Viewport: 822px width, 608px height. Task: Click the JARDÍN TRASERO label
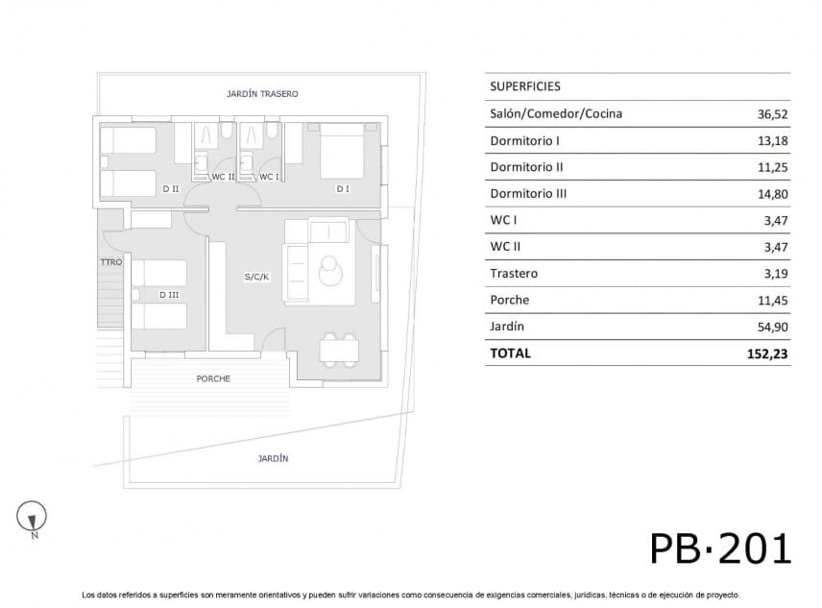(x=262, y=94)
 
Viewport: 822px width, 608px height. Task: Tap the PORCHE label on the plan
(x=213, y=378)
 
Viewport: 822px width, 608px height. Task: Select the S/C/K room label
(x=256, y=277)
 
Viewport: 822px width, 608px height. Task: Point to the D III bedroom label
(x=169, y=295)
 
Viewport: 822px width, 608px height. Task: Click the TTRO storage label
(x=111, y=262)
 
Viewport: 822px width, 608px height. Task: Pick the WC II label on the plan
(x=223, y=177)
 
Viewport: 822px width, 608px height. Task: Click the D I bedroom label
(x=343, y=188)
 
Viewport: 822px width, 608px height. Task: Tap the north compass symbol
(x=32, y=518)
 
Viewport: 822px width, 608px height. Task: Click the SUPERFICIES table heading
(x=524, y=86)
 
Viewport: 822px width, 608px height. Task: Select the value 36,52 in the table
(x=772, y=114)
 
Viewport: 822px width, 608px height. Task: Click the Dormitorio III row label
(x=528, y=194)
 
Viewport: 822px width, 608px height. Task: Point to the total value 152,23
(x=767, y=353)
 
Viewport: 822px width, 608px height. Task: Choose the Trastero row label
(x=514, y=274)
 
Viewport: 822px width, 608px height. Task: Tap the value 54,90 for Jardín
(x=772, y=328)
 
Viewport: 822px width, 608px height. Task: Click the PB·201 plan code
(x=720, y=548)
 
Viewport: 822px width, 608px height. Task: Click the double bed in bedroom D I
(x=342, y=152)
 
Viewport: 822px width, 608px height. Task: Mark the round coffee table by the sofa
(x=330, y=271)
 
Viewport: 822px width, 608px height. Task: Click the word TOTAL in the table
(x=510, y=353)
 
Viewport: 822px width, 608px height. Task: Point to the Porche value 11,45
(x=773, y=301)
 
